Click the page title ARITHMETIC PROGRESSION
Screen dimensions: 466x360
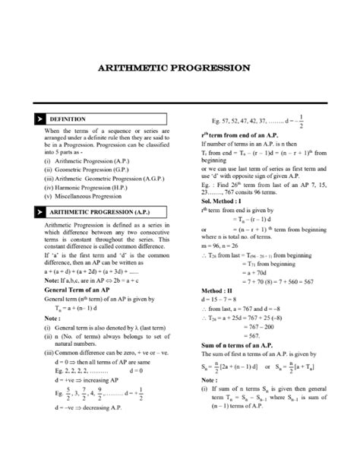tap(179, 68)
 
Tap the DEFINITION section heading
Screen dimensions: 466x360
tap(68, 119)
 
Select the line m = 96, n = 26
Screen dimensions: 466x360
tap(221, 248)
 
